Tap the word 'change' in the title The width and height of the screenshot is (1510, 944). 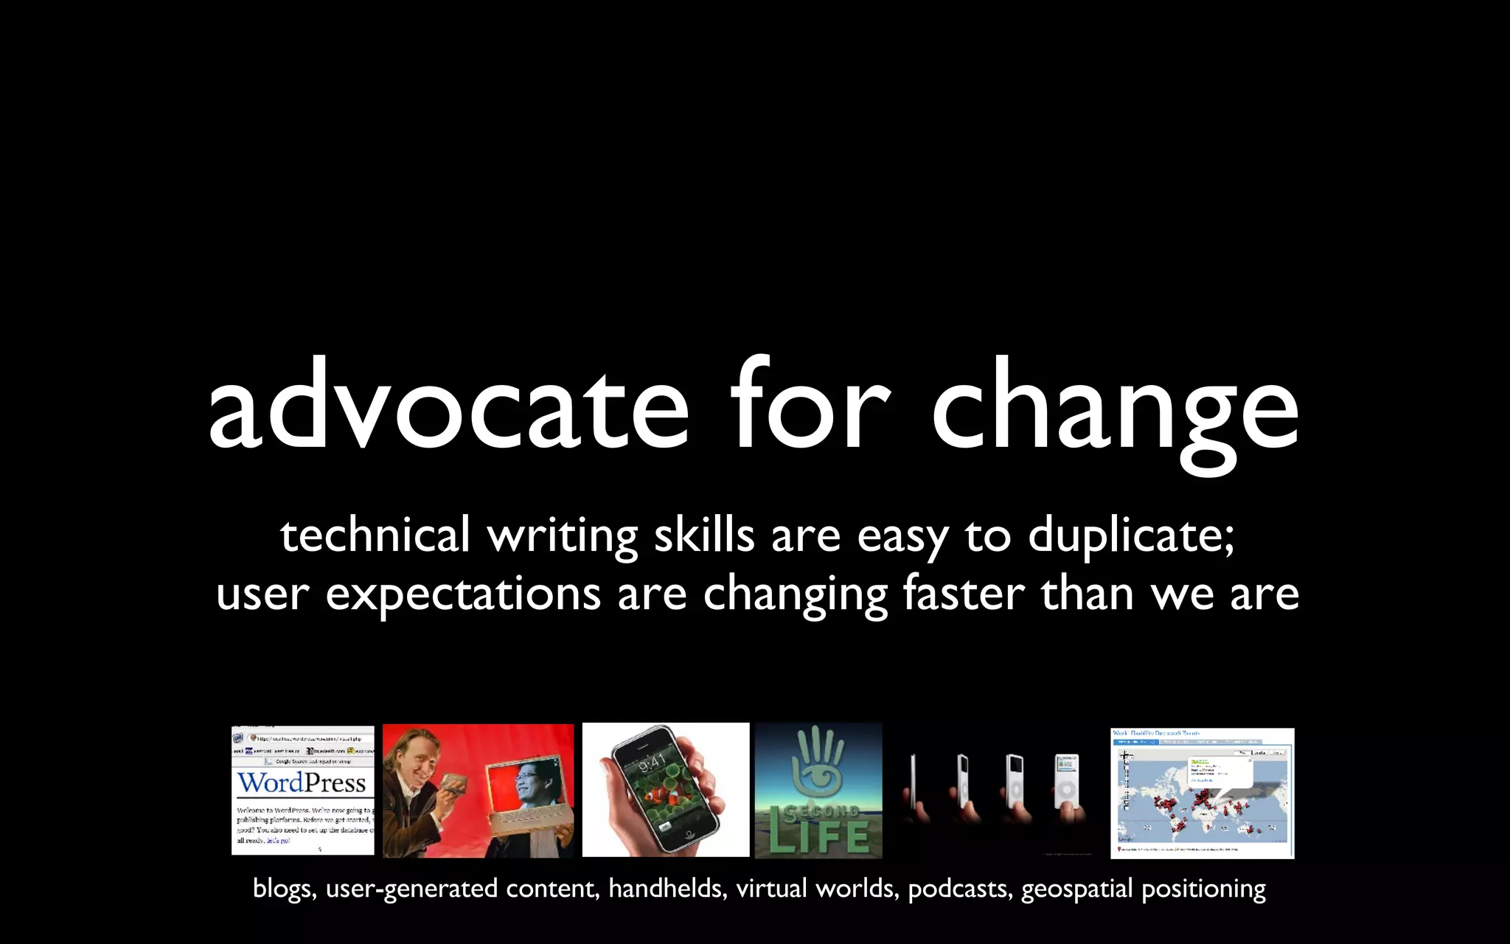(x=1115, y=409)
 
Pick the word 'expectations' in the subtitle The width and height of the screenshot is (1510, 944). (x=463, y=594)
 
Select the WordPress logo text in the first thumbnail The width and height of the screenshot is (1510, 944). (x=302, y=782)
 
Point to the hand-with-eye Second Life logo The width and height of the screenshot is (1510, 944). (x=818, y=764)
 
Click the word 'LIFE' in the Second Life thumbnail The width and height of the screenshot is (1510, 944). (x=818, y=837)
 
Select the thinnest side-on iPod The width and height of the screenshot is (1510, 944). (x=914, y=785)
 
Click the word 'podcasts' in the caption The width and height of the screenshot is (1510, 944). (x=959, y=889)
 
